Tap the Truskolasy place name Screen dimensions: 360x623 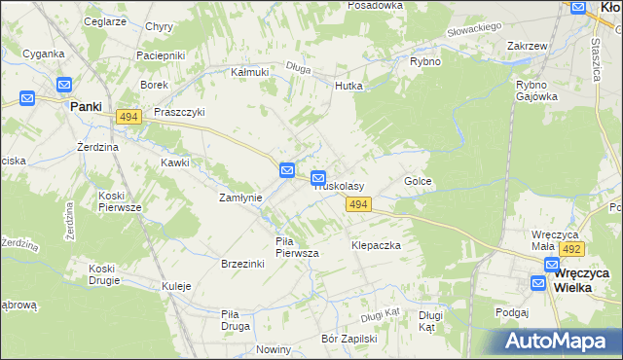click(x=338, y=185)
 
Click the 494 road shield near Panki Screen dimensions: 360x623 click(x=128, y=117)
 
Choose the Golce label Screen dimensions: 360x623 click(x=418, y=182)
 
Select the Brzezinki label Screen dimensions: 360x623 click(x=243, y=264)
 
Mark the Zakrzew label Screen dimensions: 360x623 click(x=525, y=46)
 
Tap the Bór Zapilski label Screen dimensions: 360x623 click(x=348, y=340)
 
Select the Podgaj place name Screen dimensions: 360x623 click(x=511, y=312)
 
